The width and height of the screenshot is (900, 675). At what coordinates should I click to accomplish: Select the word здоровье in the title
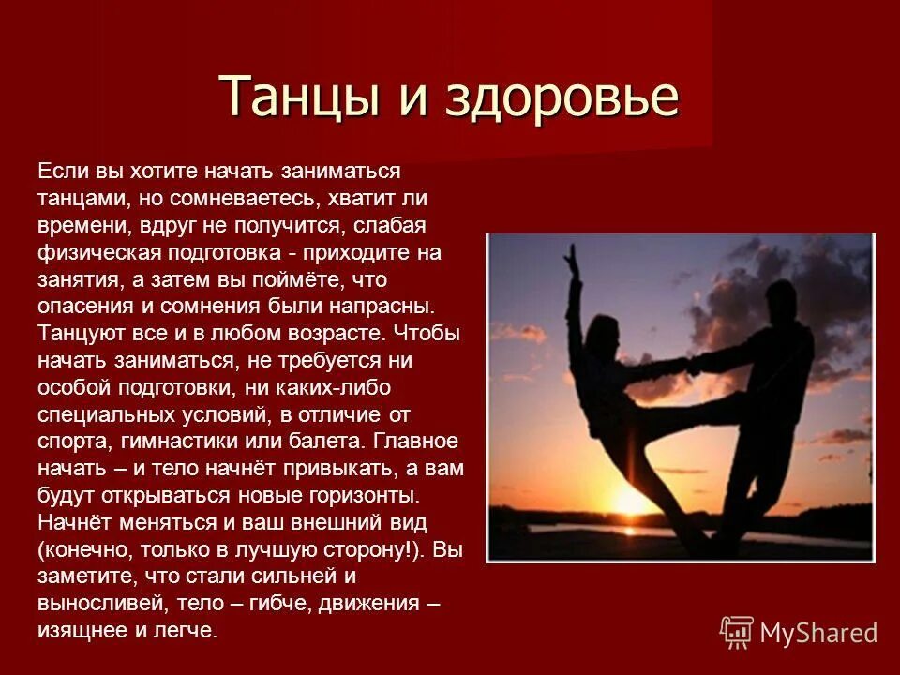coord(543,97)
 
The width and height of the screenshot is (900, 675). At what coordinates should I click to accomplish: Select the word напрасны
coord(384,307)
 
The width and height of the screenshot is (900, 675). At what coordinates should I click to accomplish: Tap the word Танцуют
coord(80,335)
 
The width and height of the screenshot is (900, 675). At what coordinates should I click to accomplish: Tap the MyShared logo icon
coord(737,633)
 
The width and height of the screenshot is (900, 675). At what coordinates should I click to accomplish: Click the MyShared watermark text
coord(818,634)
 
